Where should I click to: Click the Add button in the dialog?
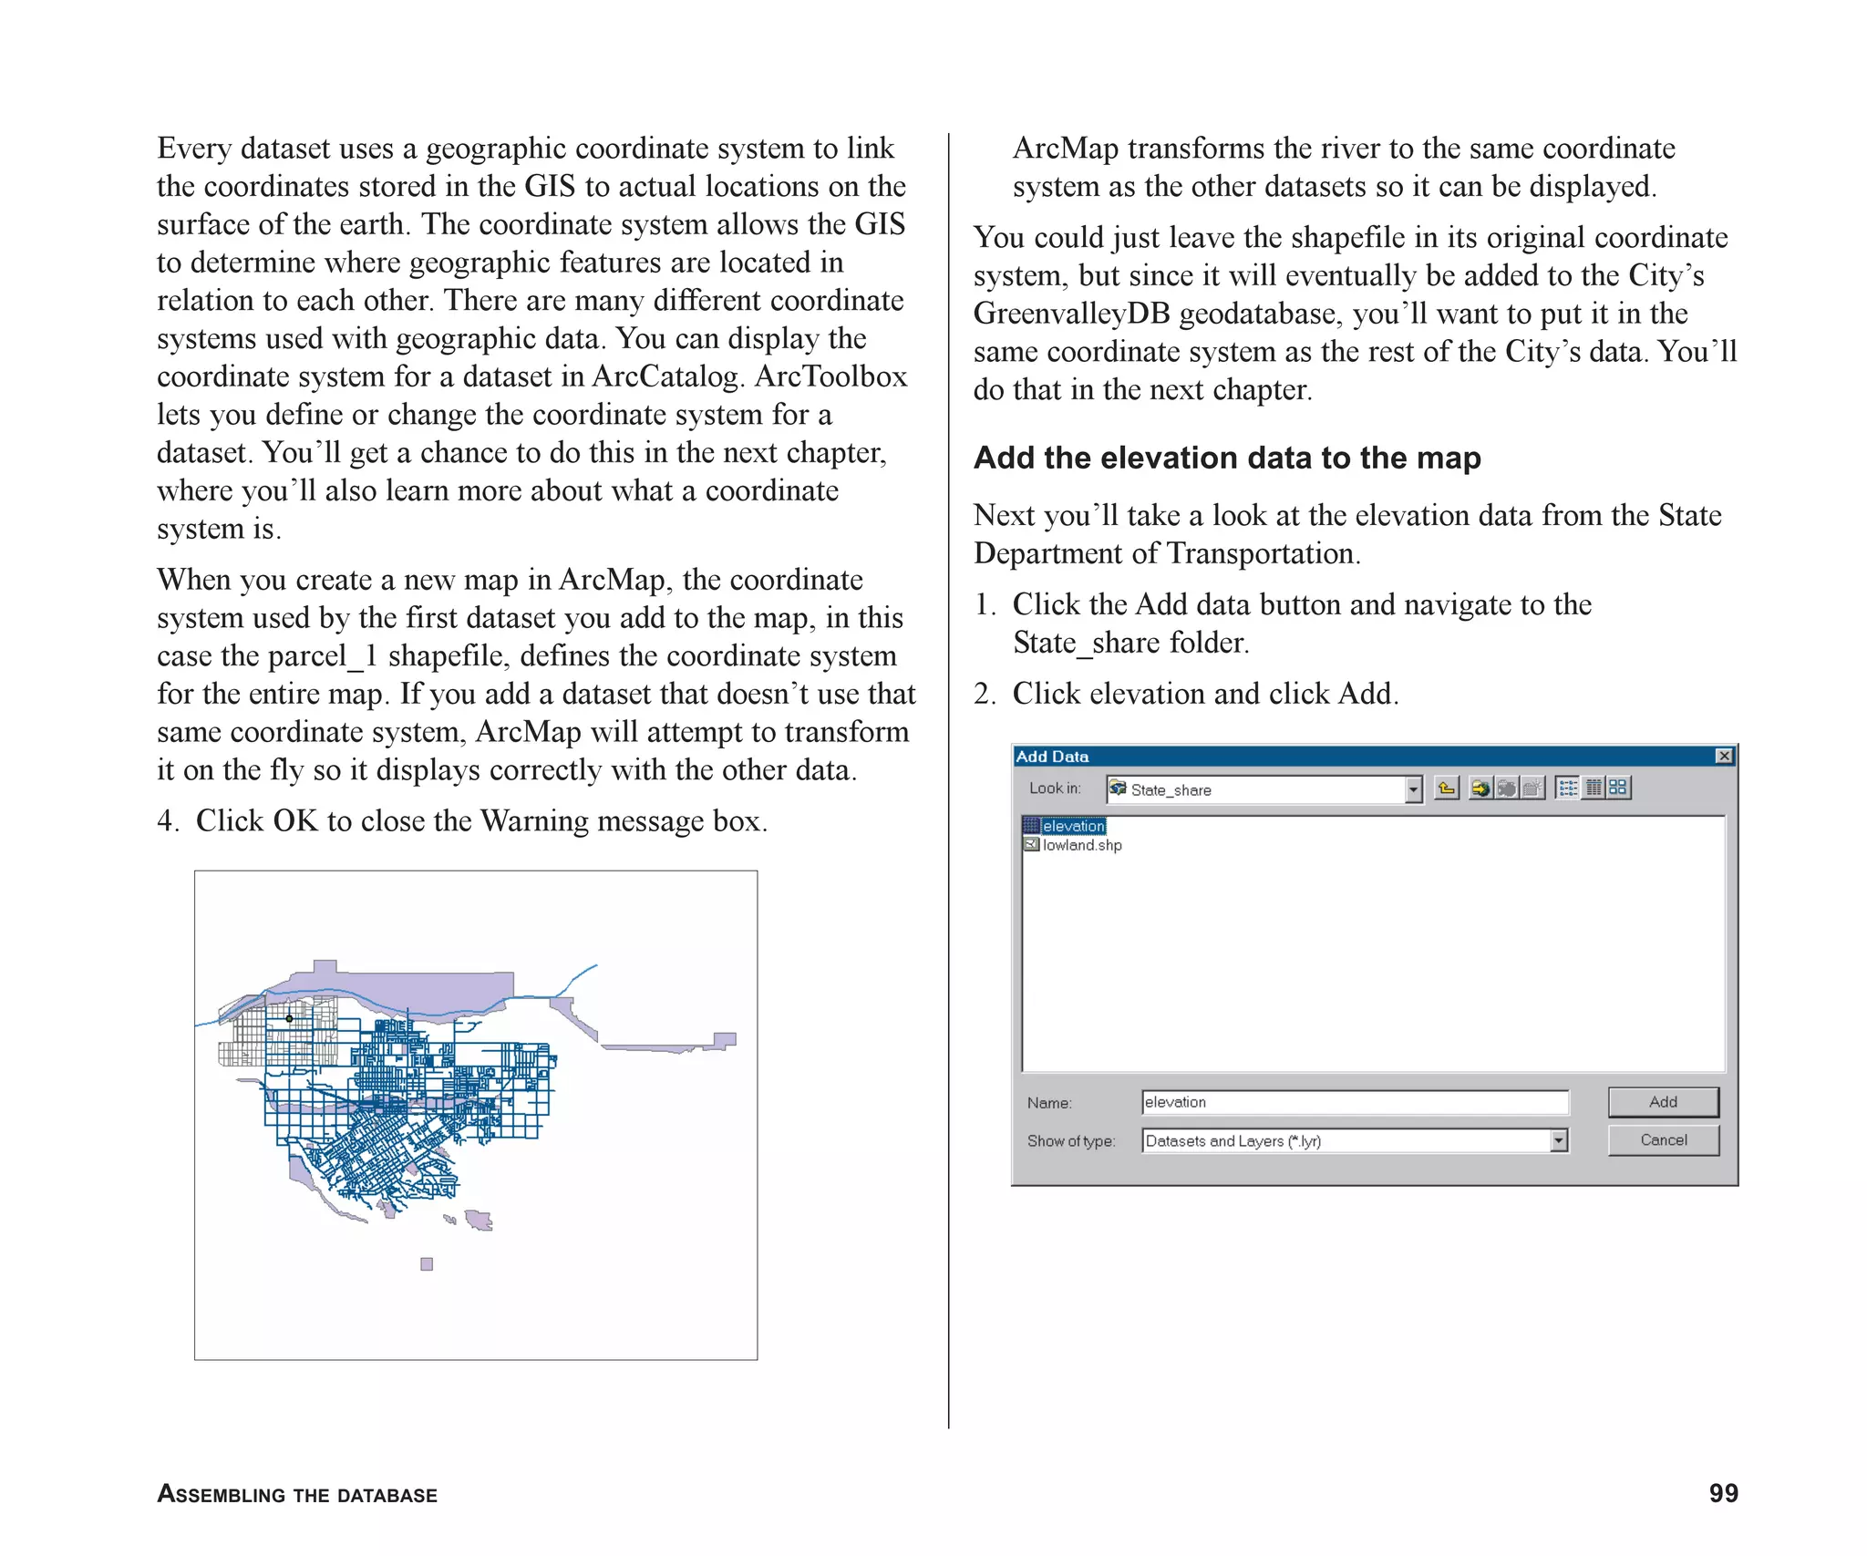point(1663,1101)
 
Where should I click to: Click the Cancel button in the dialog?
point(1663,1139)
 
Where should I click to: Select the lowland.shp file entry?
point(1081,845)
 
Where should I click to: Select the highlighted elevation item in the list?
point(1073,826)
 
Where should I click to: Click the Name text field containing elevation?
point(1354,1102)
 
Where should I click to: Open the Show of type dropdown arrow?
point(1559,1140)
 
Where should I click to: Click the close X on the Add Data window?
point(1724,756)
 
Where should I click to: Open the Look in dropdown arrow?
point(1413,789)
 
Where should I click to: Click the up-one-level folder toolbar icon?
point(1447,788)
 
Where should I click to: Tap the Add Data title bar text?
point(1052,757)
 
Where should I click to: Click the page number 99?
point(1723,1493)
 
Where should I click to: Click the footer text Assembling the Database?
point(297,1495)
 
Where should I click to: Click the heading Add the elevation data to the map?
point(1227,458)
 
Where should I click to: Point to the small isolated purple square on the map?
point(427,1263)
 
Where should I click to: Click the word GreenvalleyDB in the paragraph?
point(1071,314)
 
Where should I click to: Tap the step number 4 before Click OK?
point(166,821)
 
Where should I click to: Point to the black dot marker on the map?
point(289,1018)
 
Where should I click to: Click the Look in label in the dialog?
point(1054,788)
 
